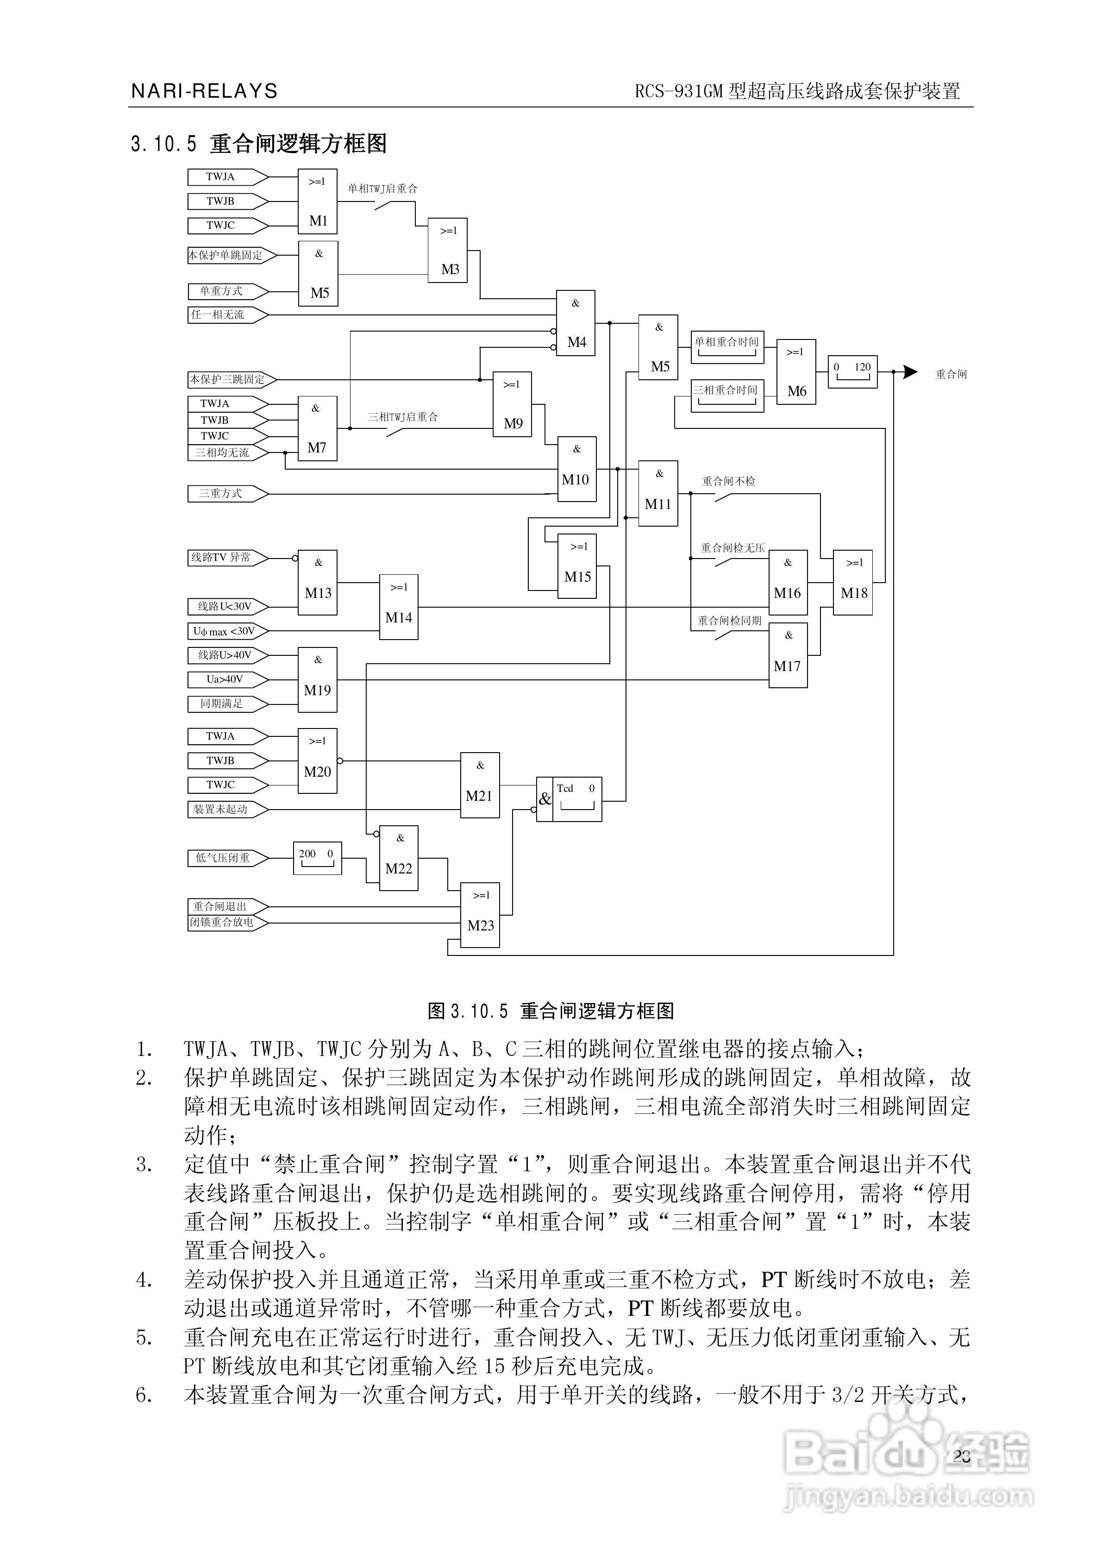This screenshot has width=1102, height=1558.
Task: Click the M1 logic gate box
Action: (318, 201)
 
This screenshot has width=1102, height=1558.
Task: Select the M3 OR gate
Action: (447, 251)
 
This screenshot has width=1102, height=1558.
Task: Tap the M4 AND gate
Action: (576, 323)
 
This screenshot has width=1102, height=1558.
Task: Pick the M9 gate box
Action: (512, 404)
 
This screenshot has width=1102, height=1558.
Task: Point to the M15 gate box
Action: (577, 566)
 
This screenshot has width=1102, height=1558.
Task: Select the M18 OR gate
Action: (853, 583)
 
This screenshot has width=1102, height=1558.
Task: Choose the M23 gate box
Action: (481, 915)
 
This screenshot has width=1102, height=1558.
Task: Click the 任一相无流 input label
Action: (219, 315)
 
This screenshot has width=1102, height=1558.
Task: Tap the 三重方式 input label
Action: (220, 494)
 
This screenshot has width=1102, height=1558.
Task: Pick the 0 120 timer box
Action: (853, 372)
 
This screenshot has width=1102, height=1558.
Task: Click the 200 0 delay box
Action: (317, 858)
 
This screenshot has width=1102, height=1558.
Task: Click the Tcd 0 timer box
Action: (577, 799)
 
